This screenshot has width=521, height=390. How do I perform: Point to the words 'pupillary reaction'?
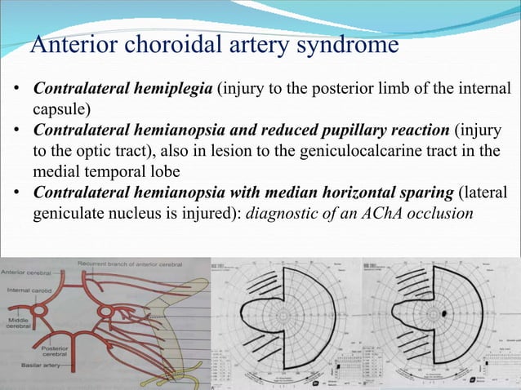376,131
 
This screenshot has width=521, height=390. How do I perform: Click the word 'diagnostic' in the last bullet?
281,215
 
